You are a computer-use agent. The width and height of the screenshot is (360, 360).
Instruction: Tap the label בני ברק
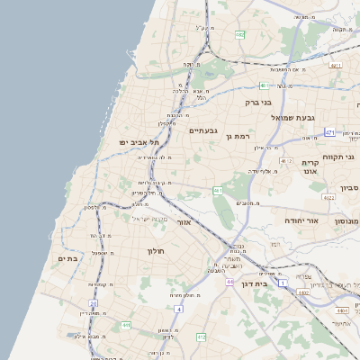(258, 103)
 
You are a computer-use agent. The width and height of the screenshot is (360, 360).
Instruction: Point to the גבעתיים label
(202, 130)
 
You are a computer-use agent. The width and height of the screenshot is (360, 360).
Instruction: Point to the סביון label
(349, 189)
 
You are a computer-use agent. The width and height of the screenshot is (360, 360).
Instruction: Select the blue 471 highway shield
(329, 132)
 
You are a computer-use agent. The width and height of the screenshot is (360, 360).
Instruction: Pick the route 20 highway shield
(93, 303)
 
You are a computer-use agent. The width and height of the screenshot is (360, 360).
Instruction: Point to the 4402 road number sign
(304, 292)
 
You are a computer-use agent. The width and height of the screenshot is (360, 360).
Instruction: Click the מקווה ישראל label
(149, 219)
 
